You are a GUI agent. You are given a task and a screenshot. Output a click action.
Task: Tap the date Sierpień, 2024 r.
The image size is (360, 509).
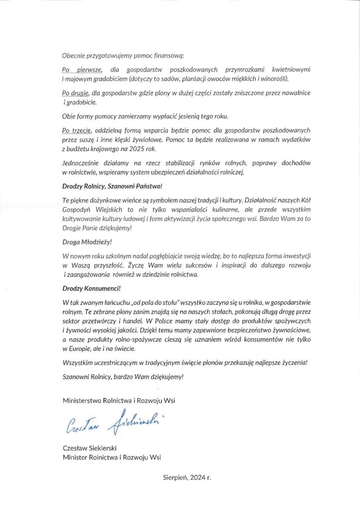[x=187, y=477]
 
